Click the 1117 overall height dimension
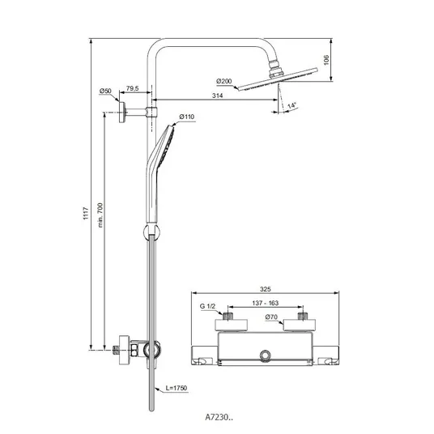pos(86,213)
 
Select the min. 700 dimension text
pos(100,215)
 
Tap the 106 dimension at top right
pos(326,60)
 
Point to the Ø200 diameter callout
pos(224,81)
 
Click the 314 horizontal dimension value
pos(217,96)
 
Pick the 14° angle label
pos(291,105)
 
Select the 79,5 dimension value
pos(132,88)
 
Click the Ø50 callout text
pos(105,91)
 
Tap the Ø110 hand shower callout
pos(187,117)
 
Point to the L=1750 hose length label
pos(177,388)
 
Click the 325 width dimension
pos(265,289)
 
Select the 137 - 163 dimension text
pos(265,303)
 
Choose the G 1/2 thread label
pos(207,306)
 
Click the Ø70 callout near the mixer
pos(271,317)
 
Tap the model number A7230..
pos(219,417)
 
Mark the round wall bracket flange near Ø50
pos(122,112)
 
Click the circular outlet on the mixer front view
pos(265,355)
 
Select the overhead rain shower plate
pos(278,79)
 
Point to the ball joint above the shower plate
pos(275,68)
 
